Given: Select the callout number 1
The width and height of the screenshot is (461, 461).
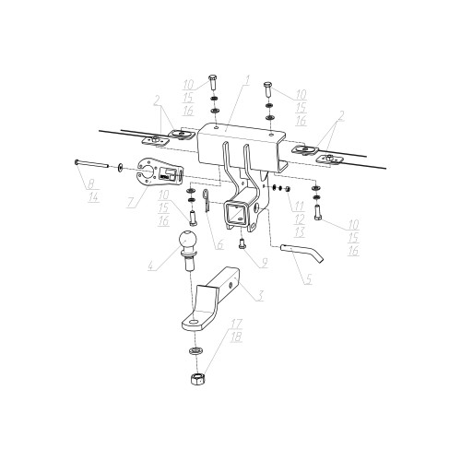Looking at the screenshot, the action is click(x=247, y=80).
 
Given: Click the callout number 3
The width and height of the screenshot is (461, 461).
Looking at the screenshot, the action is click(x=260, y=296).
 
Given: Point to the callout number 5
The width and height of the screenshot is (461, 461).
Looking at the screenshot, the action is click(x=309, y=278).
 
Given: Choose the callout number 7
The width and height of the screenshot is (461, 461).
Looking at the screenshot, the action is click(x=131, y=202).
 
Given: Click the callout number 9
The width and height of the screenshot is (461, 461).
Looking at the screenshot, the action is click(x=264, y=262).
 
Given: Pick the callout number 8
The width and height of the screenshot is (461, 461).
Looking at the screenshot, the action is click(x=91, y=184).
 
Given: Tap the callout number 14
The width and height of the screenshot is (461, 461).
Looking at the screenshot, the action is click(x=93, y=196).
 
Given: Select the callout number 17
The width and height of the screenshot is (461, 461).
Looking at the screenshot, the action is click(x=237, y=324).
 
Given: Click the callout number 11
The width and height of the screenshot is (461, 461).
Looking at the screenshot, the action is click(x=299, y=206).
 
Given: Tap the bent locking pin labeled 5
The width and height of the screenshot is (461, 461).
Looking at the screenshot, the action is click(x=302, y=253).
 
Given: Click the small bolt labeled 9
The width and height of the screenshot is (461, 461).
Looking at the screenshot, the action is click(x=242, y=244).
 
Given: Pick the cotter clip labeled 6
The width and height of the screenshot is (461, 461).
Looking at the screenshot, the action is click(x=206, y=200).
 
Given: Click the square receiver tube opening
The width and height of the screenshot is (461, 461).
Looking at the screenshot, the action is click(x=235, y=214).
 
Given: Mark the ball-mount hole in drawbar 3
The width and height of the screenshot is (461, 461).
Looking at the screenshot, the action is click(x=194, y=322).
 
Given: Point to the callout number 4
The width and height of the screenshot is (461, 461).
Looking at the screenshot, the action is click(x=151, y=266).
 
